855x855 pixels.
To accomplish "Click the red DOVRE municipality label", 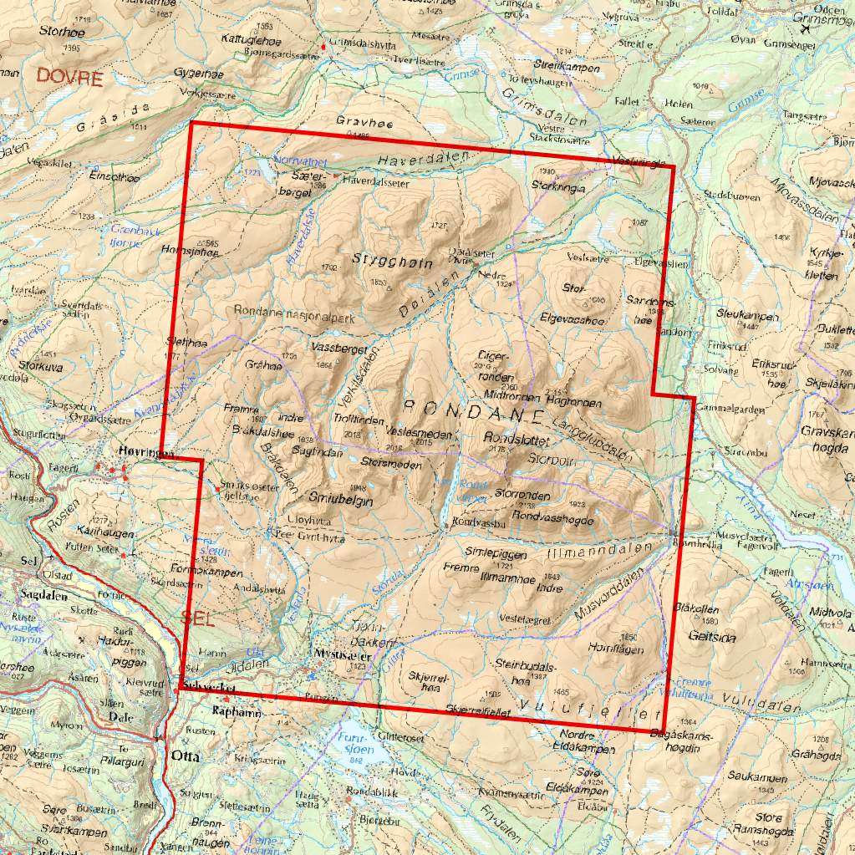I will (x=69, y=79).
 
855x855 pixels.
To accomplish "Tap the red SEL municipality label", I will (x=198, y=619).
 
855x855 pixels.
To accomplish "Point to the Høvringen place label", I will (x=146, y=451).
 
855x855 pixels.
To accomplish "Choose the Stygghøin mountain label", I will (x=393, y=262).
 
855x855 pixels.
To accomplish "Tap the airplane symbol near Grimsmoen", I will (x=807, y=28).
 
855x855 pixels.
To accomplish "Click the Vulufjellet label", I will (x=589, y=710).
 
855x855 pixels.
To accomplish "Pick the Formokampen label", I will (x=206, y=573).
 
